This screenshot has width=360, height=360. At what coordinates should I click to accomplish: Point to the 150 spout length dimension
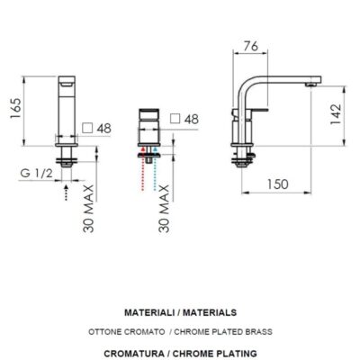click(277, 184)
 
